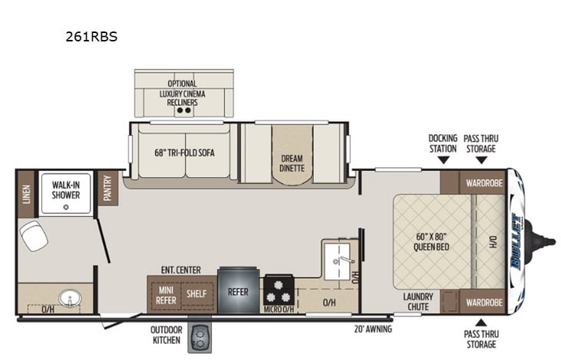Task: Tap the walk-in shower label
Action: tap(65, 190)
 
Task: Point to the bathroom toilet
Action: tap(33, 236)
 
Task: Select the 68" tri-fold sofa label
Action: tap(184, 153)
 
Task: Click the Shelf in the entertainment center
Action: tap(197, 293)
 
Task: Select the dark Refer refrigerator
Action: tap(238, 292)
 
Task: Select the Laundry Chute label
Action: tap(419, 302)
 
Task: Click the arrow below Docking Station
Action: tap(444, 160)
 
